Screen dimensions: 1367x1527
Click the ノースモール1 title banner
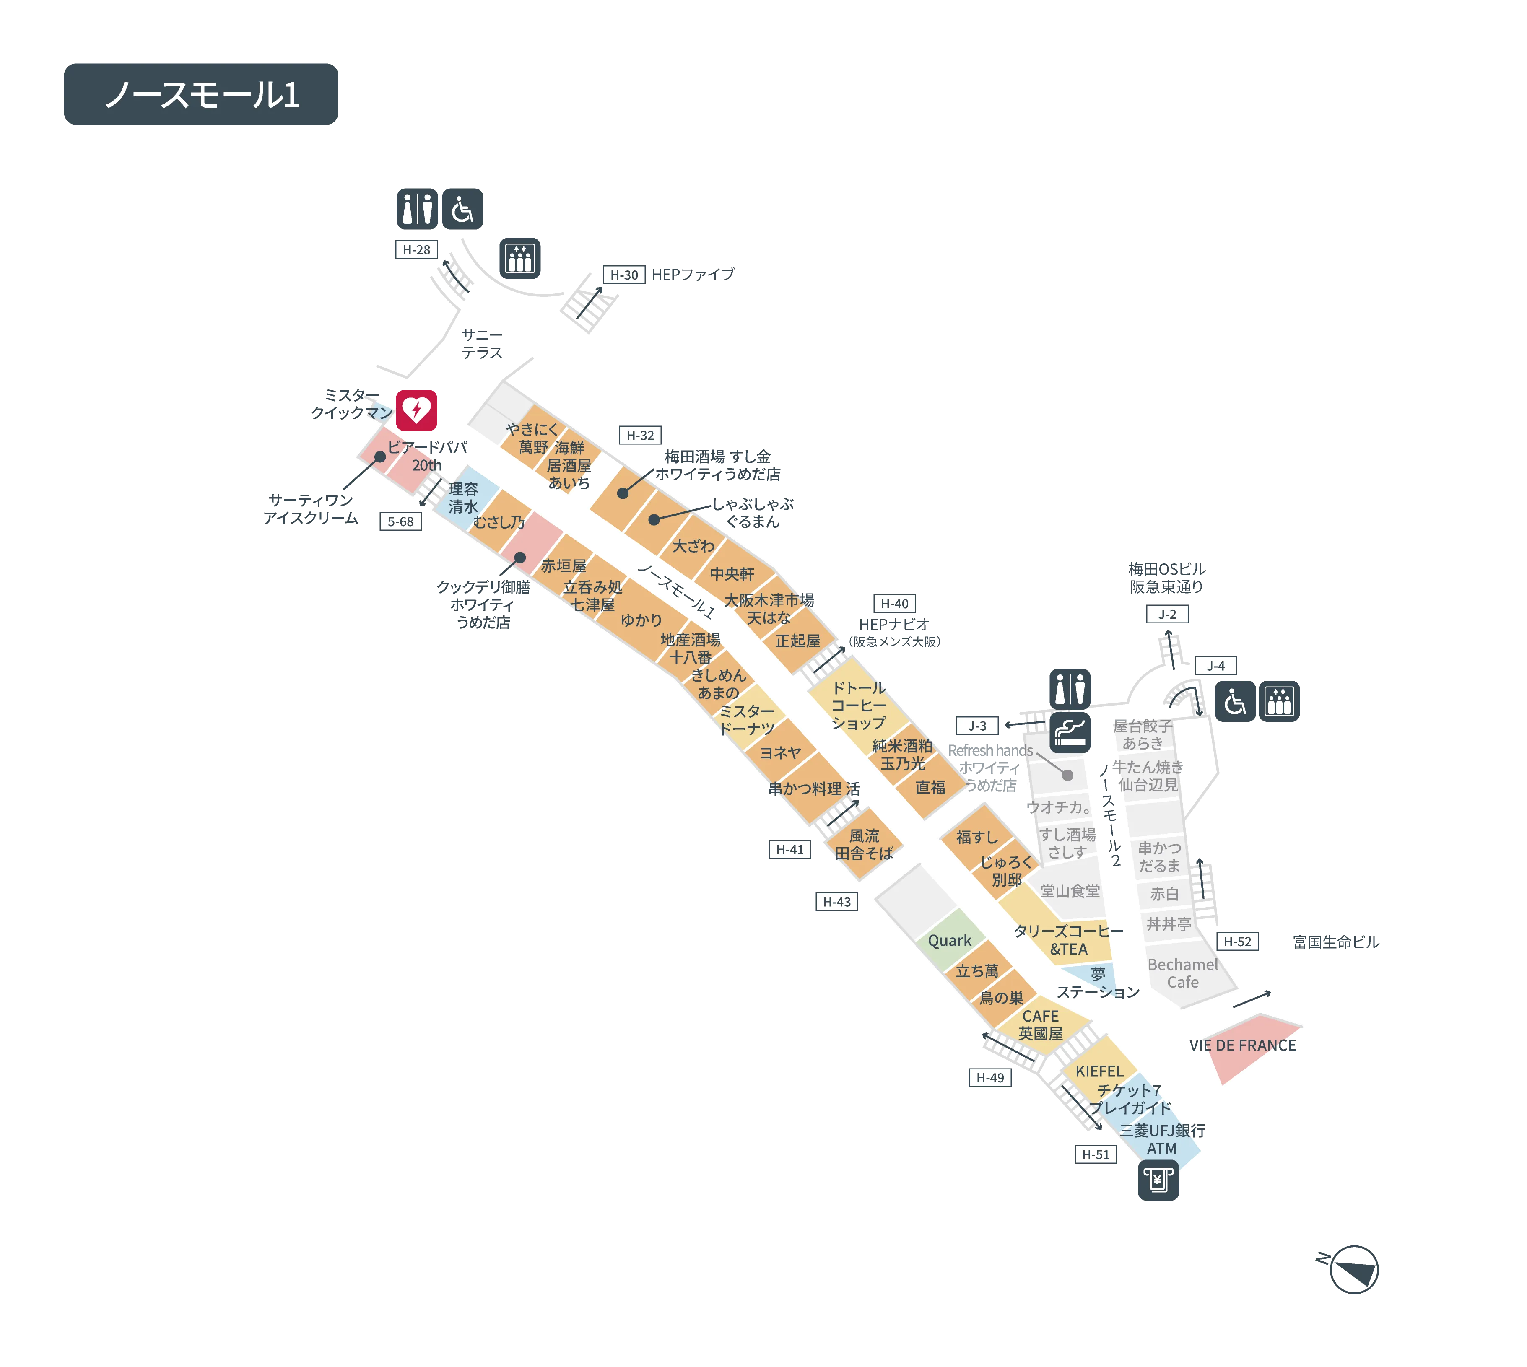[x=201, y=94]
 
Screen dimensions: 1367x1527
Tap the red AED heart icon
[x=417, y=410]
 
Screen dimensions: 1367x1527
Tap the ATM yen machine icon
[x=1158, y=1180]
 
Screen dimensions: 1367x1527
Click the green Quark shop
[x=949, y=939]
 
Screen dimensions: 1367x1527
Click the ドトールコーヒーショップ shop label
[x=858, y=705]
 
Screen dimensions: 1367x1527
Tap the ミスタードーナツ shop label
[x=746, y=720]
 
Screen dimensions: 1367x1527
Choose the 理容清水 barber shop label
[x=463, y=498]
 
